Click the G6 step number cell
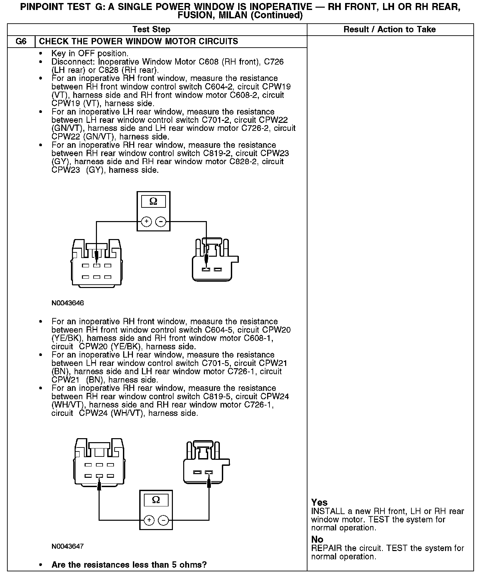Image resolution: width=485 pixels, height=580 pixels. pos(21,42)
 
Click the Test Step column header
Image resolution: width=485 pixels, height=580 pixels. pos(151,29)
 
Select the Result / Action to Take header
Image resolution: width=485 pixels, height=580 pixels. pos(389,29)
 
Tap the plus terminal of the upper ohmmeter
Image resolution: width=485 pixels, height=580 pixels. pos(146,221)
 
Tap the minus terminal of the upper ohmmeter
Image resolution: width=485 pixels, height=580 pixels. pos(161,221)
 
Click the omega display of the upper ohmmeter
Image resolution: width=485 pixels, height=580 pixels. pos(153,201)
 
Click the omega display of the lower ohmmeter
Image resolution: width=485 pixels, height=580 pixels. pos(156,500)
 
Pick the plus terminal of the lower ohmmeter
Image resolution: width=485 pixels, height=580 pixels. pos(149,520)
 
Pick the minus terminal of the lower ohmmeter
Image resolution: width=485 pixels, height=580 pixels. pos(163,520)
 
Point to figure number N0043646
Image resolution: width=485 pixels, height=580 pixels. pos(68,303)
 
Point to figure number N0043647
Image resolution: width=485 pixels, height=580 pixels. pos(68,546)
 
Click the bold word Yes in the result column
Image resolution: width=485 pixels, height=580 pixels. pos(319,502)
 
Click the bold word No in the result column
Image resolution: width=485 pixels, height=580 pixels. pos(317,539)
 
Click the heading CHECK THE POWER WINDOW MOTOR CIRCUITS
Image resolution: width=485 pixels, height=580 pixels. pos(139,42)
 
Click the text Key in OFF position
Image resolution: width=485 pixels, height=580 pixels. pos(90,53)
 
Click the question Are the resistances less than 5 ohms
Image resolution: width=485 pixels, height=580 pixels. pos(129,565)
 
